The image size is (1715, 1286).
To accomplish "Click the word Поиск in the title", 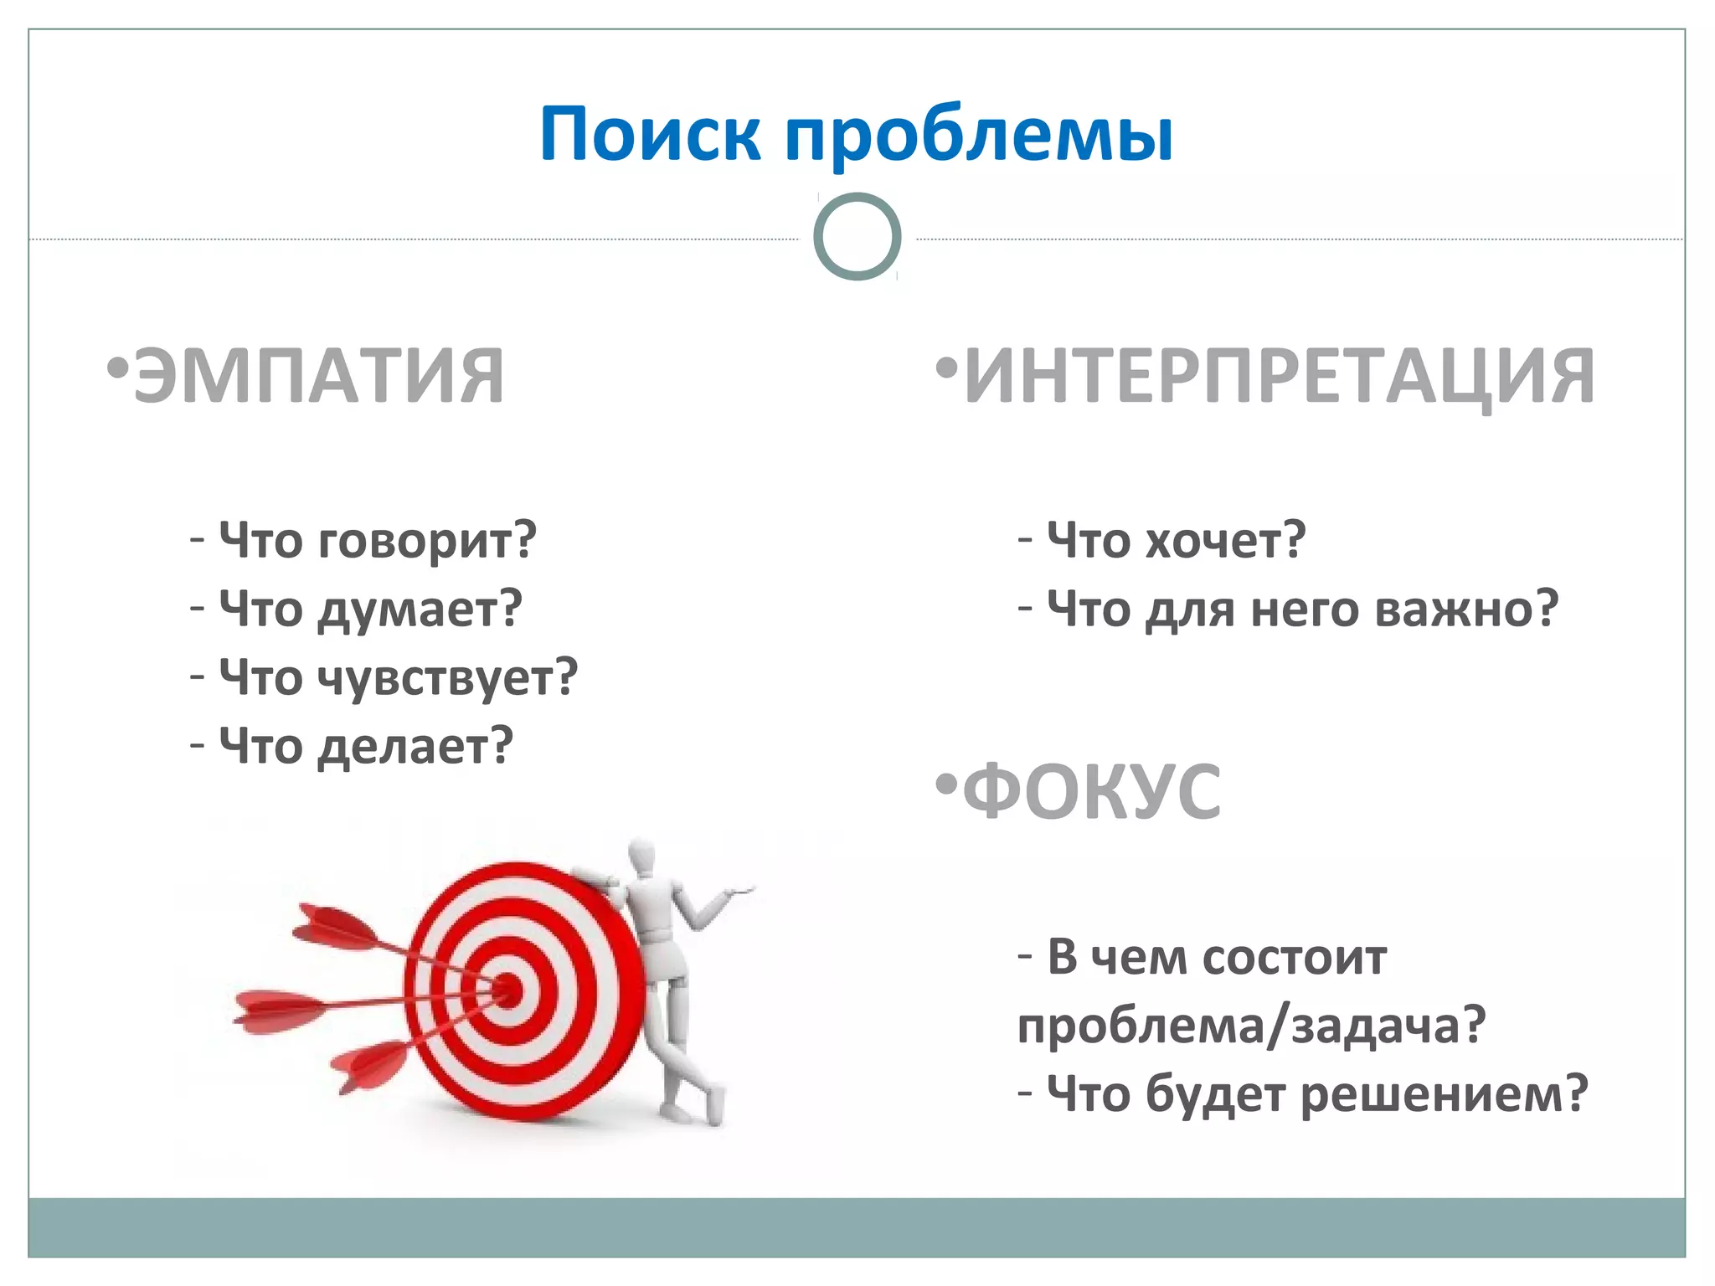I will coord(650,134).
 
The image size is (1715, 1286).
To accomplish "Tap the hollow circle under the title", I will coord(857,237).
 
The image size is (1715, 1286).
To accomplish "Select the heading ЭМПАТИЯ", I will coord(318,377).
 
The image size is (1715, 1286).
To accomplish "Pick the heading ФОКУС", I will coord(1092,792).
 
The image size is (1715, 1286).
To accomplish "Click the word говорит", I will coord(427,541).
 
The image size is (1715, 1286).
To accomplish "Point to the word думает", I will coord(420,610).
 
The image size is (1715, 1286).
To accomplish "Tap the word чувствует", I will coord(447,678).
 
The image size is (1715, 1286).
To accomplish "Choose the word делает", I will coord(415,747).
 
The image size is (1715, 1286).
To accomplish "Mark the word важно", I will coord(1466,610).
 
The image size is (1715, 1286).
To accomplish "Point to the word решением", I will coord(1445,1094).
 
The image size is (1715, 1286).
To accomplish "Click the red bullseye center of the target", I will coord(507,990).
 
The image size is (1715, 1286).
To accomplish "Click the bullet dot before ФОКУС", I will coord(945,785).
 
